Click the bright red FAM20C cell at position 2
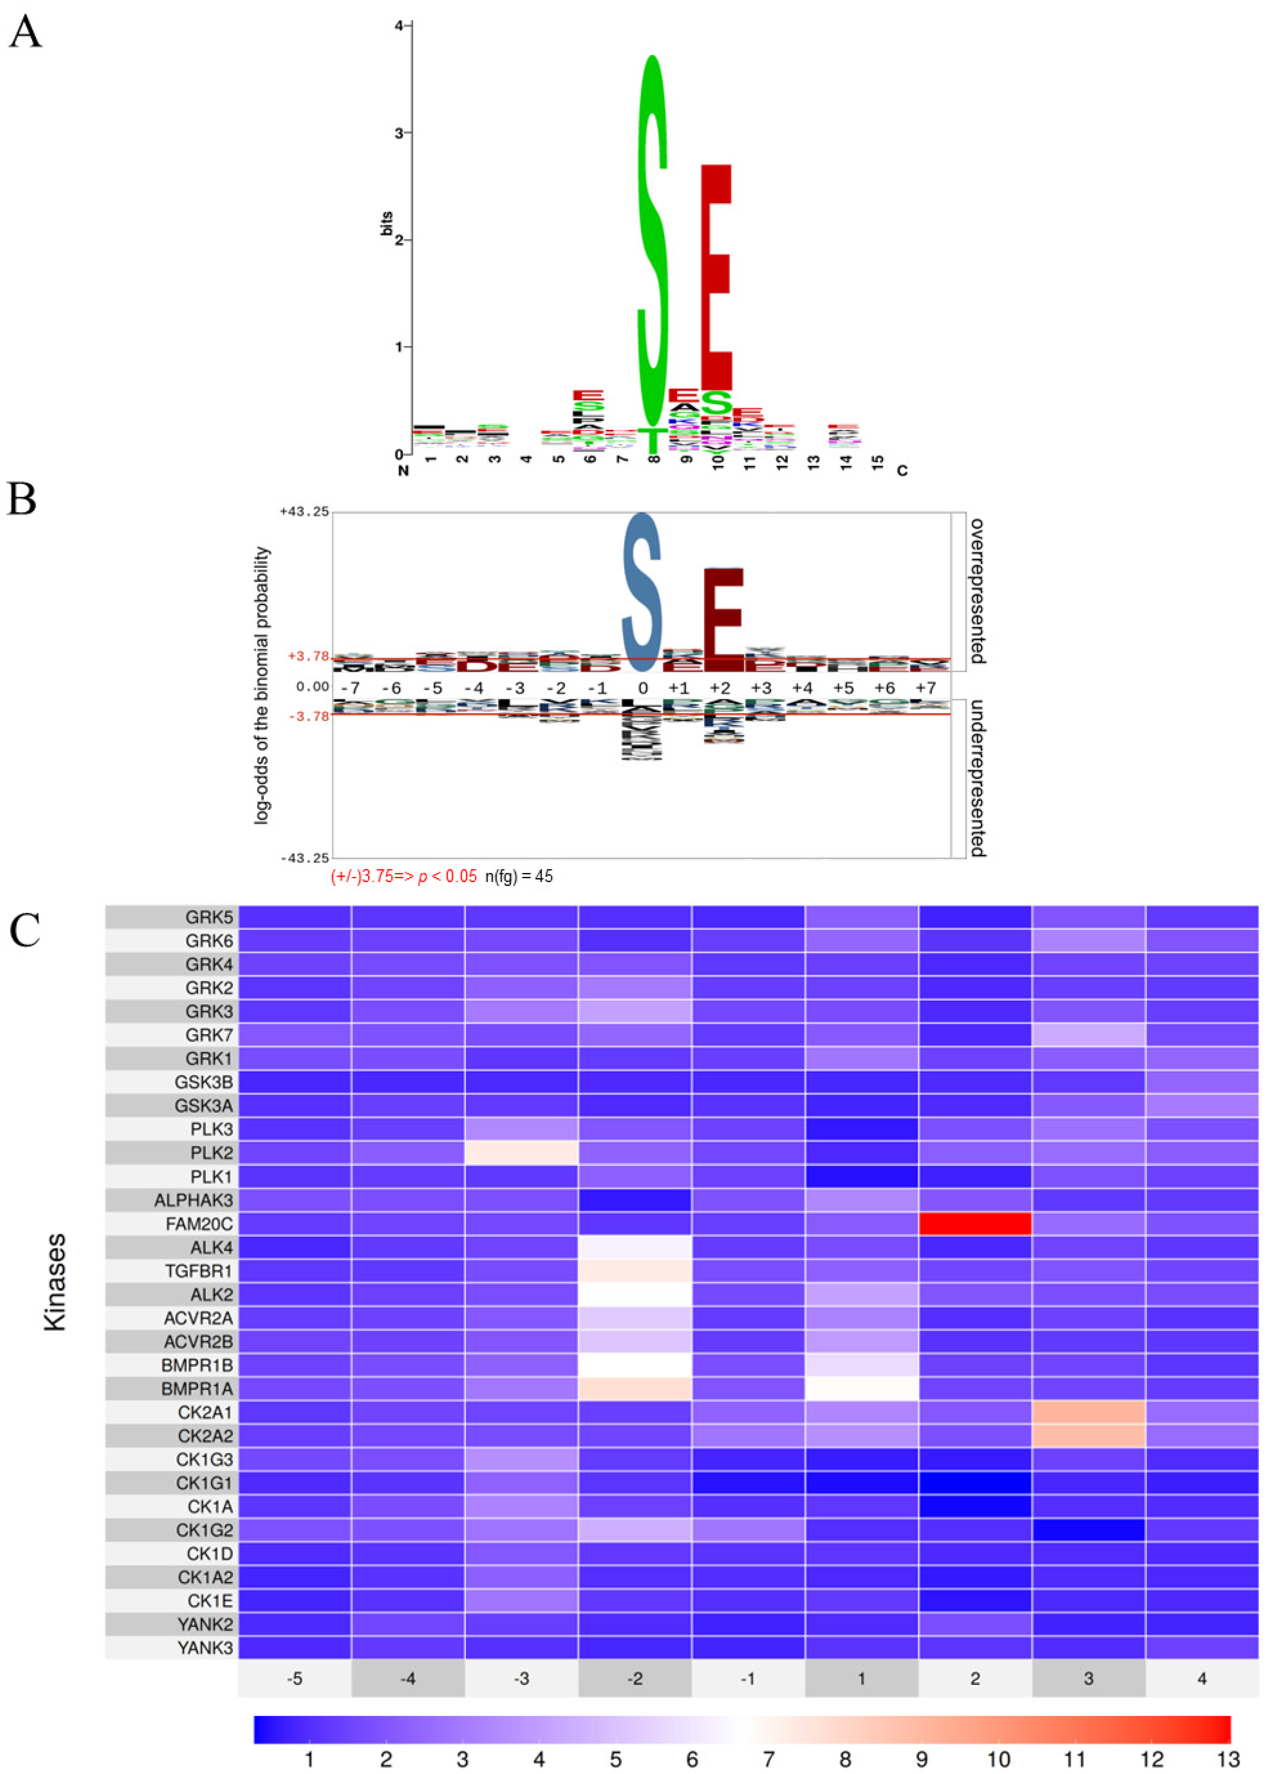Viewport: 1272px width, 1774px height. (x=975, y=1223)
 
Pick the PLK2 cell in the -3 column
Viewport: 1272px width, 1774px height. (x=521, y=1152)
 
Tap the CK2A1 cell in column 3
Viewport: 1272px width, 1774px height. (x=1088, y=1412)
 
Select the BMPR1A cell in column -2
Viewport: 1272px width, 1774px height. (x=635, y=1388)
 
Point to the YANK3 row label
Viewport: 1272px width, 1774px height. (x=205, y=1647)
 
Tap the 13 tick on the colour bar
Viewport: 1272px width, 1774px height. (x=1228, y=1760)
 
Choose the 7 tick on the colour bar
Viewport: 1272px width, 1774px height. (x=768, y=1760)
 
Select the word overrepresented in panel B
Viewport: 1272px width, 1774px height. (x=977, y=590)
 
